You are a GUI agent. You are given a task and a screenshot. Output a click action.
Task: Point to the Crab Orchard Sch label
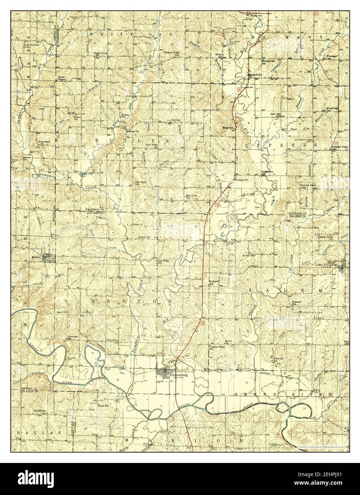click(32, 46)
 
